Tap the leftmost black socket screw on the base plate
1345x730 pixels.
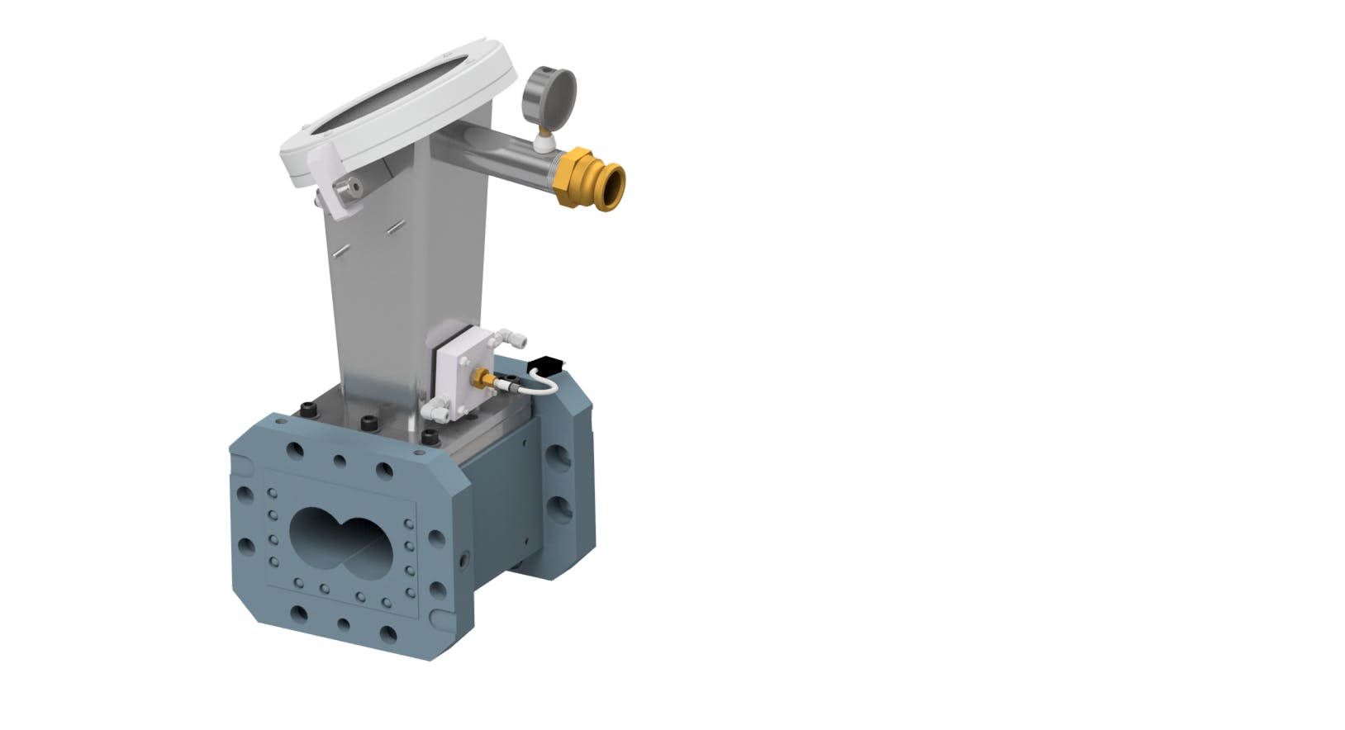[307, 409]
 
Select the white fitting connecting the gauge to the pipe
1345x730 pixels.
[543, 142]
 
